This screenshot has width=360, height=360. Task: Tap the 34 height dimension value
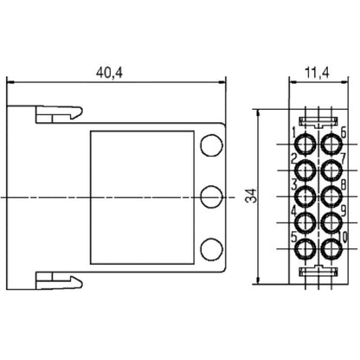click(250, 197)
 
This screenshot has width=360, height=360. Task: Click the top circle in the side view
click(209, 145)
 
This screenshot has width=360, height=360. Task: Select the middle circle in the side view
click(209, 197)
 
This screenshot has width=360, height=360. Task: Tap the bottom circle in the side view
click(209, 249)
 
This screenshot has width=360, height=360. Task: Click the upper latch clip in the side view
click(57, 114)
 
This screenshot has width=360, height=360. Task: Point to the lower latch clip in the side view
click(57, 280)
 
